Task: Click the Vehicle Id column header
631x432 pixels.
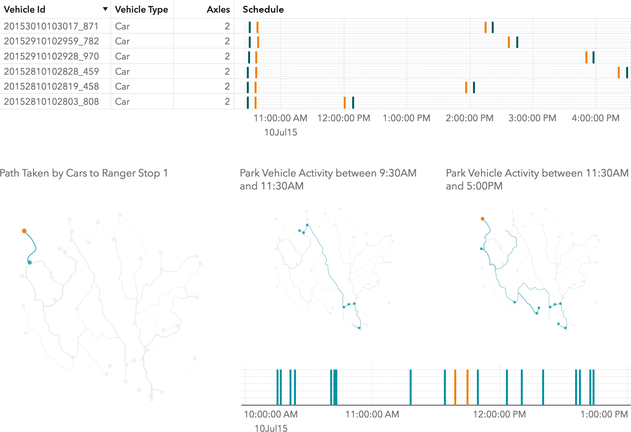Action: coord(25,9)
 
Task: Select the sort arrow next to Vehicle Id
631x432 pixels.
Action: coord(105,9)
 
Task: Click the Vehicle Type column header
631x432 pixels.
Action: coord(141,9)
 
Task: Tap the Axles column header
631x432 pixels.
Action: coord(218,9)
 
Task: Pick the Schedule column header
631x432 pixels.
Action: coord(263,9)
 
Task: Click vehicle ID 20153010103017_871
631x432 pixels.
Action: coord(51,26)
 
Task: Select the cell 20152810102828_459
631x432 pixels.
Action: coord(51,71)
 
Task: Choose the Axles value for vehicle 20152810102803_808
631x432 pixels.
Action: coord(227,102)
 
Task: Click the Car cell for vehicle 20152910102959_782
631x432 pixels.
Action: coord(122,41)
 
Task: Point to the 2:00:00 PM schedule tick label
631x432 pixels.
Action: coord(469,118)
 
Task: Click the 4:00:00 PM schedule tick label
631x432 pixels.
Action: coord(595,118)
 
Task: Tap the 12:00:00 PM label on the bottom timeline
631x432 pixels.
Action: coord(499,414)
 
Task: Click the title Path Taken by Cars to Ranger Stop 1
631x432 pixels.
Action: coord(84,173)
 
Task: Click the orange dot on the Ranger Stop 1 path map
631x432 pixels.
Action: coord(24,231)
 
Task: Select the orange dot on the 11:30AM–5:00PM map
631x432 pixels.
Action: coord(482,219)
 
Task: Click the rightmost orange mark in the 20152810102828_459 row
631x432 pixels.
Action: coord(618,72)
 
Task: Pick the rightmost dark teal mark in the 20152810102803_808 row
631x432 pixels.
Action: coord(353,103)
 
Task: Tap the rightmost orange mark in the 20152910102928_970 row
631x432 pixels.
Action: coord(586,57)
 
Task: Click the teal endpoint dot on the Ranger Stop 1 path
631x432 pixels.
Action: coord(30,263)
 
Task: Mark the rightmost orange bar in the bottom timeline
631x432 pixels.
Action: coord(467,387)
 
